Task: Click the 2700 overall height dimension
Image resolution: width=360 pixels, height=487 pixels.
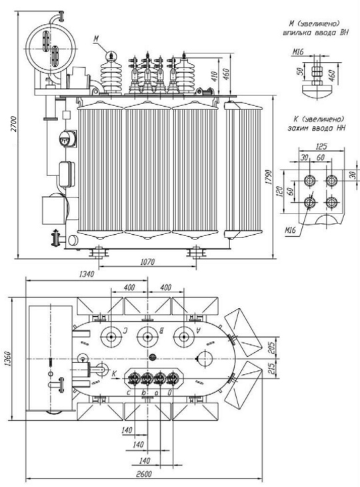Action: tap(13, 124)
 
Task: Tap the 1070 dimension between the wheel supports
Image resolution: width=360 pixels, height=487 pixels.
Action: tap(147, 262)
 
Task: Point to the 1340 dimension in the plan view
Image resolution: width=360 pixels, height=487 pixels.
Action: tap(87, 274)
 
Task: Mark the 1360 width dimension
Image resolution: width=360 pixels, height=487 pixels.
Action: tap(8, 359)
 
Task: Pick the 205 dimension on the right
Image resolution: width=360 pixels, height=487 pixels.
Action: tap(271, 348)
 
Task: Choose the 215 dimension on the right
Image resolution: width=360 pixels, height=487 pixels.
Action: tap(271, 369)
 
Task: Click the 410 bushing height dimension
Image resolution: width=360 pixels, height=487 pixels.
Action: tap(215, 76)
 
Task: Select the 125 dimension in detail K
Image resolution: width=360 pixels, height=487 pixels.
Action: tap(321, 146)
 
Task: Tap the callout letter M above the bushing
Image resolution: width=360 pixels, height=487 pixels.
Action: tap(96, 39)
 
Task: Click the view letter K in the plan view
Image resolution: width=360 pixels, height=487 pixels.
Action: tap(114, 374)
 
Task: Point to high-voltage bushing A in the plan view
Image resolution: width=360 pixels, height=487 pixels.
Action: tap(184, 337)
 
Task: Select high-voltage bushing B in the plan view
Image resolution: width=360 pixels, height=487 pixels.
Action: tap(147, 337)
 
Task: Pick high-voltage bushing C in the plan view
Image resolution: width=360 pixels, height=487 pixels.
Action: tap(111, 337)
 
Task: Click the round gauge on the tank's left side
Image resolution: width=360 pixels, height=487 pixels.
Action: tap(67, 139)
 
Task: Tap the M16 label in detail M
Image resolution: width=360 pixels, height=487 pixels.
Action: tap(289, 52)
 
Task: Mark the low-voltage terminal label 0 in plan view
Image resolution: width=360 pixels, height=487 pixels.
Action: tap(169, 393)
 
